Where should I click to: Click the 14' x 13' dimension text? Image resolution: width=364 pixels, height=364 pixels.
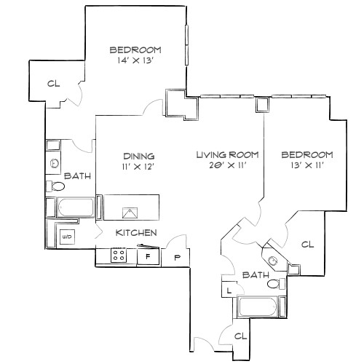[x=135, y=61]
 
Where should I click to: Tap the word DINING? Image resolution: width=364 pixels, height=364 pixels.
[x=138, y=156]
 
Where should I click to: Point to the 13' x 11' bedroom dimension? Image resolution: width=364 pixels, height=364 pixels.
[x=307, y=166]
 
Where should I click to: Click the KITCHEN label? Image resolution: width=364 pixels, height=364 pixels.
[x=137, y=233]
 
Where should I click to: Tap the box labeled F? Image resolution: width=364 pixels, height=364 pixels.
[x=149, y=257]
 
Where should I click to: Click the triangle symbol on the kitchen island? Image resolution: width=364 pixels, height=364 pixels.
[x=130, y=213]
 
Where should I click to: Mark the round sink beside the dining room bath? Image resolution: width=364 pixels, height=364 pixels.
[x=55, y=165]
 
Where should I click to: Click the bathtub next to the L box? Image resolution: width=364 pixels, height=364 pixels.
[x=259, y=308]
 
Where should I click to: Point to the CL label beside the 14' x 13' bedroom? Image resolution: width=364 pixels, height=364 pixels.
[x=52, y=84]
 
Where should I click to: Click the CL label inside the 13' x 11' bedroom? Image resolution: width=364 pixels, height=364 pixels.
[x=307, y=245]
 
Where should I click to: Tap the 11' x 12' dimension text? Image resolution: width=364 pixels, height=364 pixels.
[x=138, y=167]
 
